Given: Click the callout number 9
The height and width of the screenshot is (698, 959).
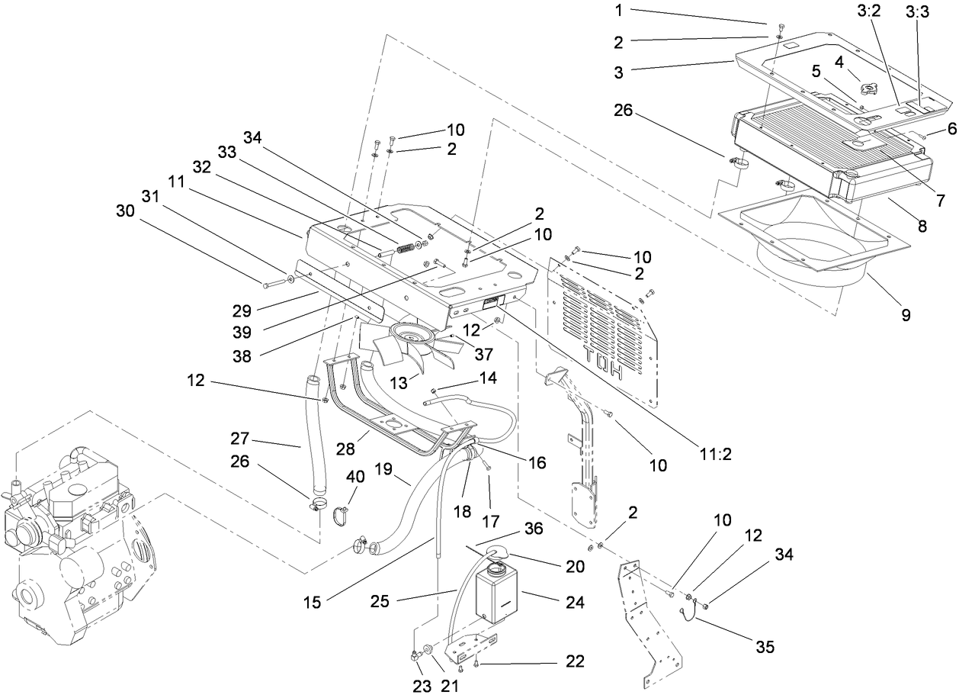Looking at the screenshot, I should (906, 314).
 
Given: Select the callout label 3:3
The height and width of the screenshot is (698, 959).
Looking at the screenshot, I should (918, 13).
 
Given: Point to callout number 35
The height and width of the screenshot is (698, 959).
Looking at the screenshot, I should (765, 647).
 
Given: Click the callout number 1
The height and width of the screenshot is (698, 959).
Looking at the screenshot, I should (619, 11).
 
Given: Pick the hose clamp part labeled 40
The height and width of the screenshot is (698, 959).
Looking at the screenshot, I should (341, 516).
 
